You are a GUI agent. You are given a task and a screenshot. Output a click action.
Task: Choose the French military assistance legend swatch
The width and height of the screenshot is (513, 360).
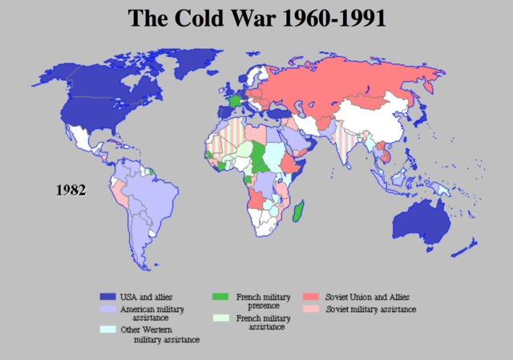(x=219, y=318)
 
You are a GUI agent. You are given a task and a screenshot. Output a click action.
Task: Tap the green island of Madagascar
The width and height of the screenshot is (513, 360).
(x=298, y=213)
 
